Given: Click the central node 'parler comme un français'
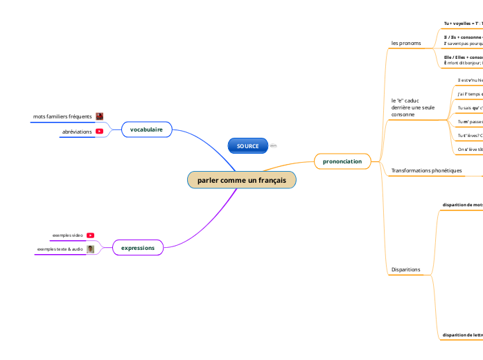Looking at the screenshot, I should [241, 180].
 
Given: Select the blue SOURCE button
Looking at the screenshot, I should [247, 146].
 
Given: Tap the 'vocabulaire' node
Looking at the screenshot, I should [146, 129].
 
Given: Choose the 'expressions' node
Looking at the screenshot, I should [137, 247].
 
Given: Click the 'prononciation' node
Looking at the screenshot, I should [342, 161].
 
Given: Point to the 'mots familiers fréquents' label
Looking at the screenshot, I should [62, 116].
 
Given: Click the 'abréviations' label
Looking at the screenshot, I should [77, 132].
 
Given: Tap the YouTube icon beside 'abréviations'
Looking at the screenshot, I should [100, 132].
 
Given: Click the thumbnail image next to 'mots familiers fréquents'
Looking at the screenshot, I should [100, 116].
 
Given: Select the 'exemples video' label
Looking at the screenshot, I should [67, 235].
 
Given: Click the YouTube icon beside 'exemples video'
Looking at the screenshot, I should [90, 235].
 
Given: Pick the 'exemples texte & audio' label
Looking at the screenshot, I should [60, 249].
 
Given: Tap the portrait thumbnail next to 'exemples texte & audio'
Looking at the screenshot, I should [90, 249].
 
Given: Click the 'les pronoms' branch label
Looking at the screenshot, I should [406, 43].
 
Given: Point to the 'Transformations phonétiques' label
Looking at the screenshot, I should [426, 170].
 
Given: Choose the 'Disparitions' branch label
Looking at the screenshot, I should [405, 269].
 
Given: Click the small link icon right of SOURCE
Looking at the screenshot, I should [273, 146].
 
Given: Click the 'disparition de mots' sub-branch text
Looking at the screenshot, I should [463, 205].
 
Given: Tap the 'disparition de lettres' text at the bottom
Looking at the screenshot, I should [463, 335].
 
